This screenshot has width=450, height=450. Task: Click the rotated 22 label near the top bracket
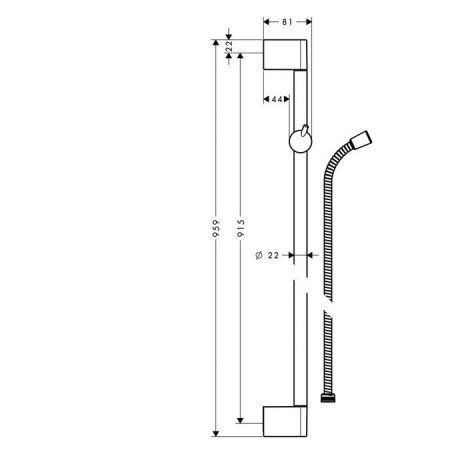(230, 46)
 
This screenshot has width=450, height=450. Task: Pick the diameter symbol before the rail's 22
(259, 256)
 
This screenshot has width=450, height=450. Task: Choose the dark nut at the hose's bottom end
(326, 400)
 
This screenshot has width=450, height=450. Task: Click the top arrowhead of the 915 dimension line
(241, 59)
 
